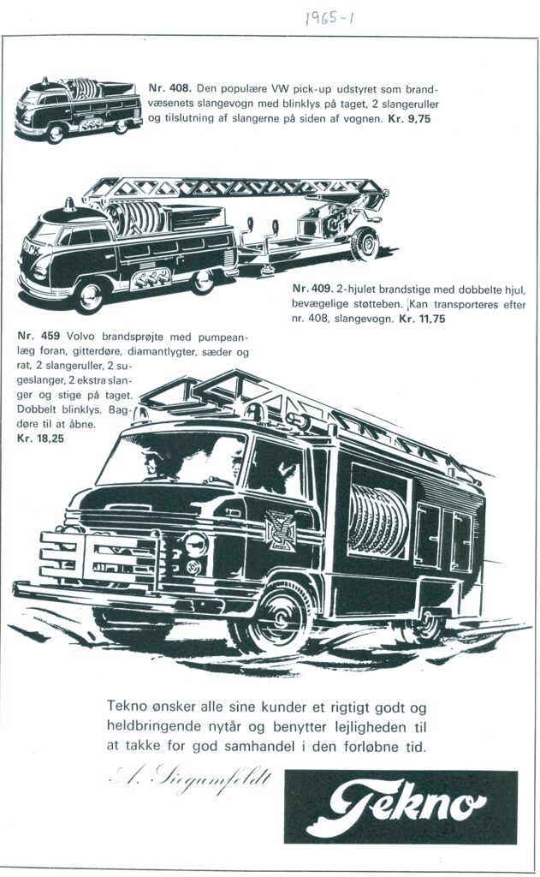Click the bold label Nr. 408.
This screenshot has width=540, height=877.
coord(171,88)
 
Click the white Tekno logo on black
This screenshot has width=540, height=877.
coord(401,807)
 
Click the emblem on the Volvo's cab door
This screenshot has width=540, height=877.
coord(280,529)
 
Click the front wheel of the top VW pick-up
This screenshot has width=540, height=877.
coord(56,134)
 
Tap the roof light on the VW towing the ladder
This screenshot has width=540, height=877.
coord(68,204)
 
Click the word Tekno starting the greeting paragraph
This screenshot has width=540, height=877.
coord(127,706)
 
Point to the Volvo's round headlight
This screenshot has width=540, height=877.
coord(195,544)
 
